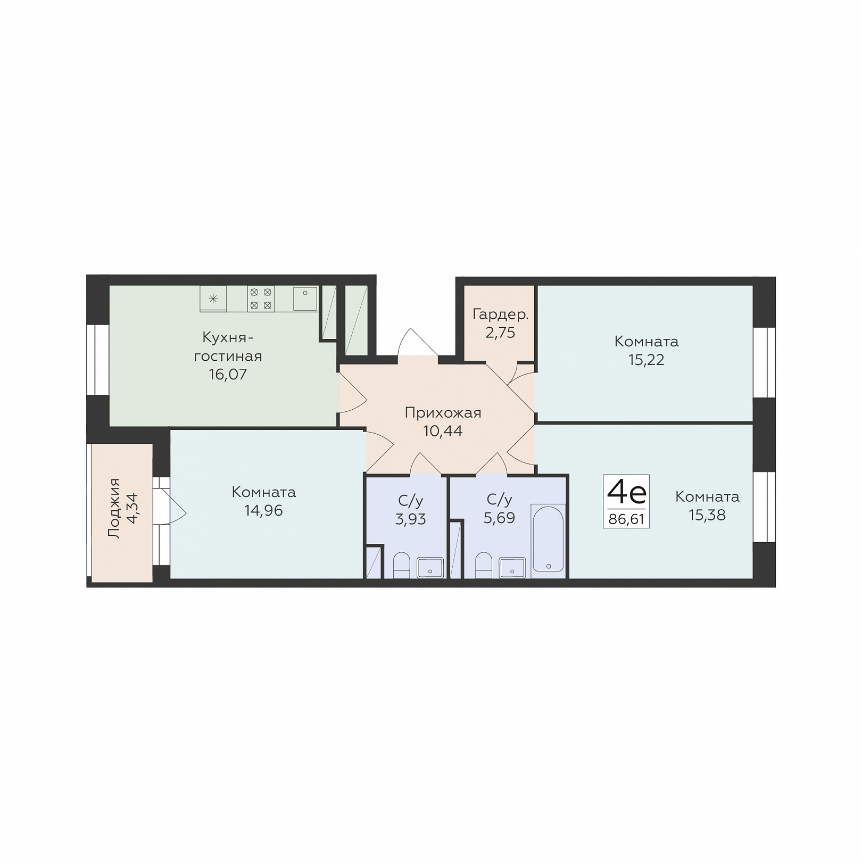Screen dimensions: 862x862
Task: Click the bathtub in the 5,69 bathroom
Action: click(548, 538)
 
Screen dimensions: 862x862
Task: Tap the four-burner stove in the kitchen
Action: click(261, 299)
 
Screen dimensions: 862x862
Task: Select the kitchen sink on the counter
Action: click(305, 298)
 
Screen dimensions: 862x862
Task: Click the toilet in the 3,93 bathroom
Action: click(401, 565)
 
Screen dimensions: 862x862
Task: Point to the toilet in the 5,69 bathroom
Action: click(484, 565)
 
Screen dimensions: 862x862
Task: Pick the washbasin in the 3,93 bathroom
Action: click(430, 567)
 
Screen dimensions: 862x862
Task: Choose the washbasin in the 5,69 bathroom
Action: click(512, 567)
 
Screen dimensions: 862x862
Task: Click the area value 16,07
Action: click(228, 375)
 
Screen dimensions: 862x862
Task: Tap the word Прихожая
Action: click(443, 413)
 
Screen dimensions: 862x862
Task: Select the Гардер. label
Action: click(501, 314)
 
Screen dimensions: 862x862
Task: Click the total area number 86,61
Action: click(626, 519)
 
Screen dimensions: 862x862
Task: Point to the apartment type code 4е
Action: click(626, 492)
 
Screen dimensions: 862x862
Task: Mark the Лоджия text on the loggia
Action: click(113, 508)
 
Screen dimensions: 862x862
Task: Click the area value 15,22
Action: click(646, 360)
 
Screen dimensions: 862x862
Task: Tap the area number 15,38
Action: click(707, 515)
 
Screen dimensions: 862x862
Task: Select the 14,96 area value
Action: click(264, 511)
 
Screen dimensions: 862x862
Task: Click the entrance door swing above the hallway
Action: click(418, 342)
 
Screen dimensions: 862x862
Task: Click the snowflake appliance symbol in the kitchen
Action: click(213, 299)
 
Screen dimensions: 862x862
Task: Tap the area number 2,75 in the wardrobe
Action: click(500, 333)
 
